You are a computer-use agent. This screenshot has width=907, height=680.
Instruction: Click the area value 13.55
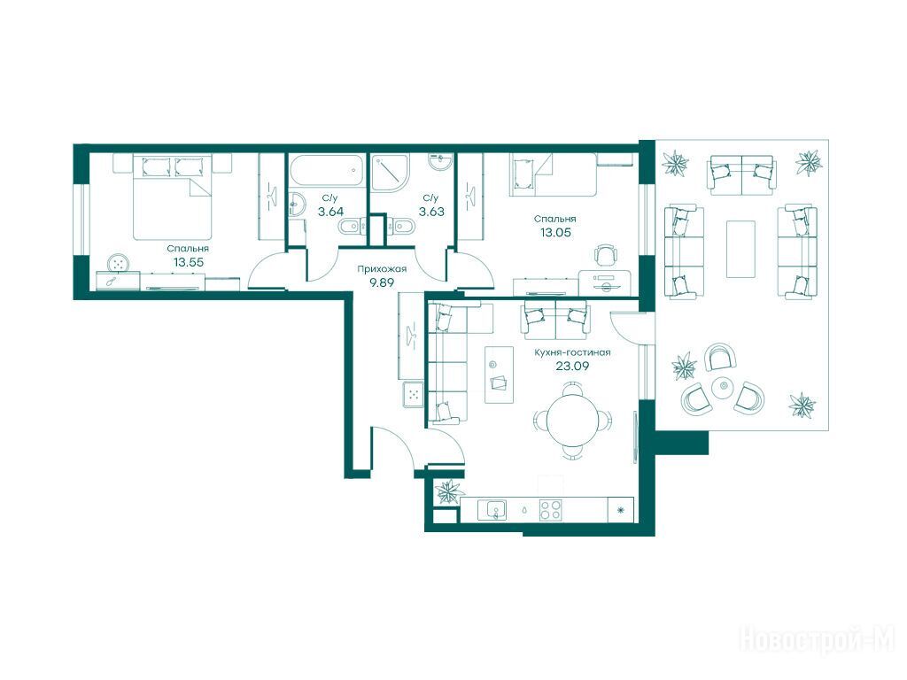tap(188, 262)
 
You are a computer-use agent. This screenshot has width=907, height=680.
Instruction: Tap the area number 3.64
tap(331, 212)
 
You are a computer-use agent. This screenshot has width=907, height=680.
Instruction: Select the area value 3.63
tap(431, 212)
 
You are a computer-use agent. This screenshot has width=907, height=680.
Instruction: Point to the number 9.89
tap(382, 282)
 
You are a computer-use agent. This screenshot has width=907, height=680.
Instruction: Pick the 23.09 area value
tap(572, 366)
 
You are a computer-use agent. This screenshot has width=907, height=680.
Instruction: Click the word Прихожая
tap(382, 269)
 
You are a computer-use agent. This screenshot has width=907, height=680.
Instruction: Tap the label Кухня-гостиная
tap(572, 352)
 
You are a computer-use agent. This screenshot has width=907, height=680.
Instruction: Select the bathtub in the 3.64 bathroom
tap(328, 171)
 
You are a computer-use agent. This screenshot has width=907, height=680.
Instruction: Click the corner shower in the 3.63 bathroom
tap(390, 172)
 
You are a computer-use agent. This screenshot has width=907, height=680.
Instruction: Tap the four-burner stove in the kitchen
tap(550, 510)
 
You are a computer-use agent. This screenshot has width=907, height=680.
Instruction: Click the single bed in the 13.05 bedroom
tap(553, 174)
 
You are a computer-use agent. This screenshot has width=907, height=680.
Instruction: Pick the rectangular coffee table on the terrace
tap(740, 249)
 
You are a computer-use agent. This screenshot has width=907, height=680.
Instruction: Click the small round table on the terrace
tap(722, 386)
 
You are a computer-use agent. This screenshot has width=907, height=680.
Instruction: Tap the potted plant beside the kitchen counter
tap(448, 492)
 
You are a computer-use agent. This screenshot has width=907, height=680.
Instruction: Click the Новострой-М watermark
tap(818, 641)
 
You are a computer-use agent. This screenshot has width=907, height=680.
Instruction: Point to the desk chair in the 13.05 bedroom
tap(605, 254)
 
